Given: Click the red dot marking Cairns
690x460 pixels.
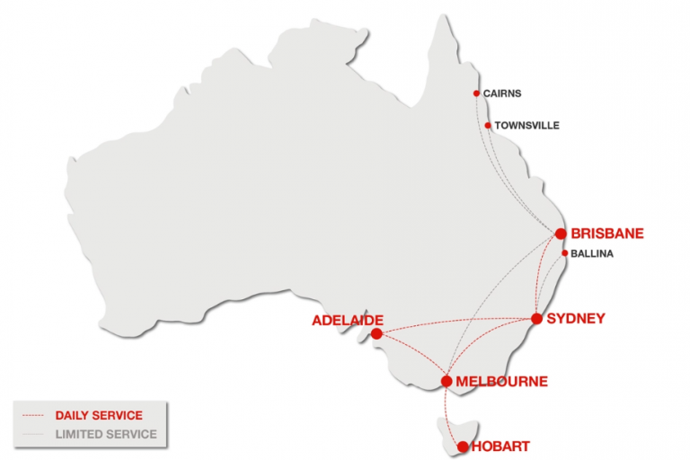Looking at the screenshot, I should [476, 93].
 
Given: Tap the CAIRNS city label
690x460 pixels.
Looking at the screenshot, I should [501, 93].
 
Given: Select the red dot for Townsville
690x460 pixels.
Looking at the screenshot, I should [488, 126].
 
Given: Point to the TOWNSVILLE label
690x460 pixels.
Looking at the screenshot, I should [526, 126].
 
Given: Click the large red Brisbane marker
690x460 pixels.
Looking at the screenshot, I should [561, 234].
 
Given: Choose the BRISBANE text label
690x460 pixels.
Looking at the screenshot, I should [607, 234].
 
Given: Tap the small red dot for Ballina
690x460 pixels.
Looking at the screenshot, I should [563, 253].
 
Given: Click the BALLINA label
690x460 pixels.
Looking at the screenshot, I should [592, 254].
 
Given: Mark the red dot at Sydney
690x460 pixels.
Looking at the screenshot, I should [536, 318].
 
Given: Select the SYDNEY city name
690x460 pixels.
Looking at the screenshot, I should [576, 318].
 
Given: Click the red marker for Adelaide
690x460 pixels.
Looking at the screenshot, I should [376, 333].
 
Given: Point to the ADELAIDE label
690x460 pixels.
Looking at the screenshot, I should [348, 320].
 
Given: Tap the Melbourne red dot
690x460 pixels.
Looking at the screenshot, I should [447, 381].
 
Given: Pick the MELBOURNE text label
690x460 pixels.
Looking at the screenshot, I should [501, 381].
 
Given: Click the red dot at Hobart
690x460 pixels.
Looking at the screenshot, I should [463, 447].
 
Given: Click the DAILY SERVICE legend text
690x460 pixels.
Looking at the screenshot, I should [99, 415].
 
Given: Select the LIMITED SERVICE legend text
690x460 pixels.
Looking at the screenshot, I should [106, 434].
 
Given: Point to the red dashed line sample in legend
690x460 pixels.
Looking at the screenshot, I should [32, 415].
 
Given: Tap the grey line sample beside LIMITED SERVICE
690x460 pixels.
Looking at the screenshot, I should [32, 434].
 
